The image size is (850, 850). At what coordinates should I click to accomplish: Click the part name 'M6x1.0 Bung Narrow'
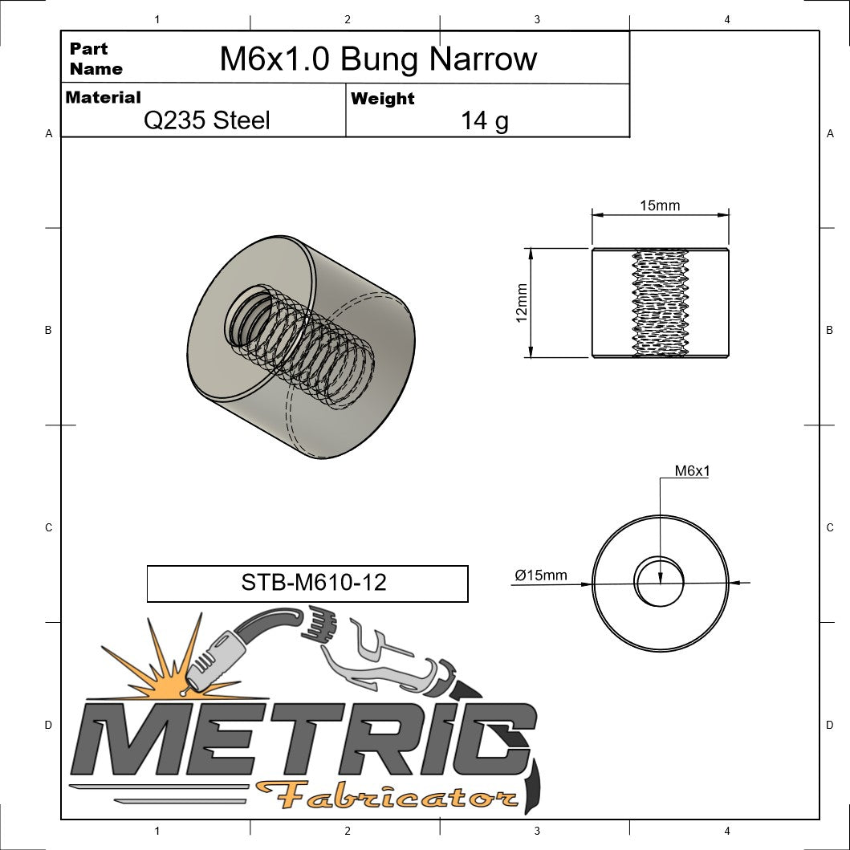click(378, 59)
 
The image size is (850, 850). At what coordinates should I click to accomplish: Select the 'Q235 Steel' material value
click(206, 120)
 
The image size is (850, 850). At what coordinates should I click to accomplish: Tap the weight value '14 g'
click(484, 120)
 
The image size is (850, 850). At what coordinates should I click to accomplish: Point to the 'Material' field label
click(103, 97)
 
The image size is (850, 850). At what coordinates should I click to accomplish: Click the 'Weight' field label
click(383, 99)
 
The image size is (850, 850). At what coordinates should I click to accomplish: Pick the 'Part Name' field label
click(96, 59)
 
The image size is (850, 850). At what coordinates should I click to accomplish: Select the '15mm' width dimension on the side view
click(659, 205)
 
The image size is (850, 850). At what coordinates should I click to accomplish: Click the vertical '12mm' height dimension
click(522, 303)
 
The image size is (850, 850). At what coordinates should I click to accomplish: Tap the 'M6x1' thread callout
click(691, 471)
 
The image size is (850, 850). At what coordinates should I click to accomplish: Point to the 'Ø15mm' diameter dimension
click(541, 575)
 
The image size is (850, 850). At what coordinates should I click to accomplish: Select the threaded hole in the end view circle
click(660, 580)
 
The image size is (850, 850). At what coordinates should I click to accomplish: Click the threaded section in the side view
click(661, 303)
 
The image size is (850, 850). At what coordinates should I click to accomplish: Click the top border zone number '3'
click(536, 19)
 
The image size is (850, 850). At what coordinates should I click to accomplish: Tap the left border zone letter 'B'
click(48, 330)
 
